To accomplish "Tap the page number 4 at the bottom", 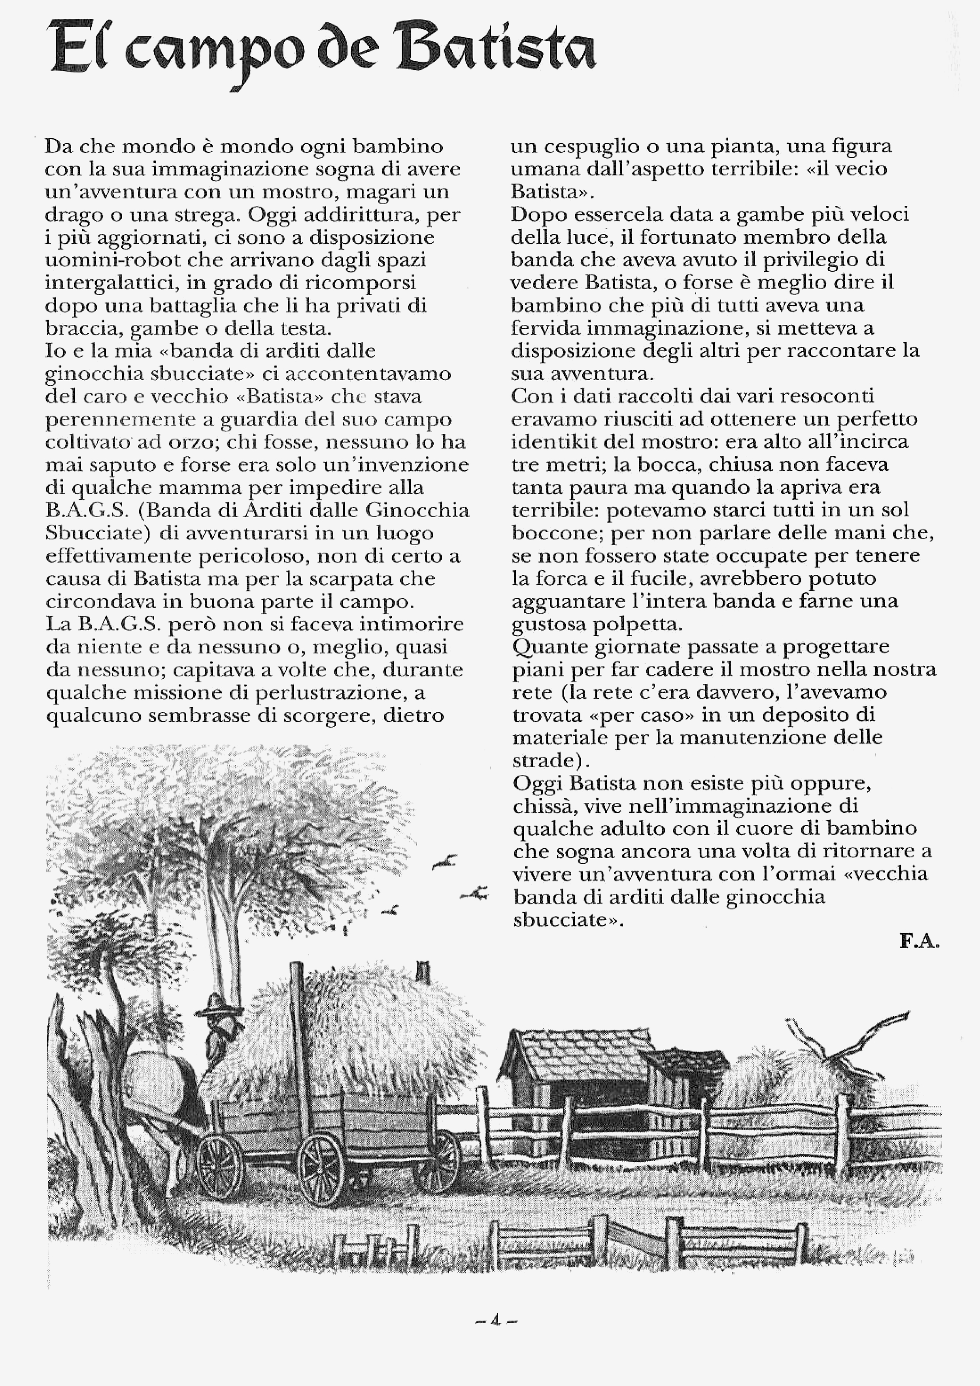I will click(x=496, y=1320).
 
